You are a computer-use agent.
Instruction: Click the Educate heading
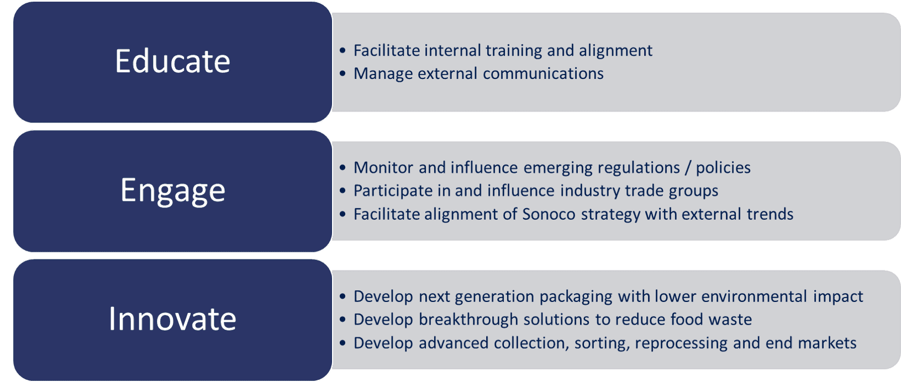coord(172,61)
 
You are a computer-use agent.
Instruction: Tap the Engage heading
coord(172,191)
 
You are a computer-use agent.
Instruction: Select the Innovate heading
coord(172,319)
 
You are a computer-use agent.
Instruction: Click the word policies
coord(723,168)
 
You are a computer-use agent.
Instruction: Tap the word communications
coord(543,73)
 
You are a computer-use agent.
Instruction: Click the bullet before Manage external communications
coord(343,73)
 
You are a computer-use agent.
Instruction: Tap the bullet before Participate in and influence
coord(343,190)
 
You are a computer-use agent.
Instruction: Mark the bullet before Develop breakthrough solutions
coord(343,320)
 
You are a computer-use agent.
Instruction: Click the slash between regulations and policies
coord(688,168)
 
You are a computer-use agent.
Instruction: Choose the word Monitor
coord(383,168)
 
